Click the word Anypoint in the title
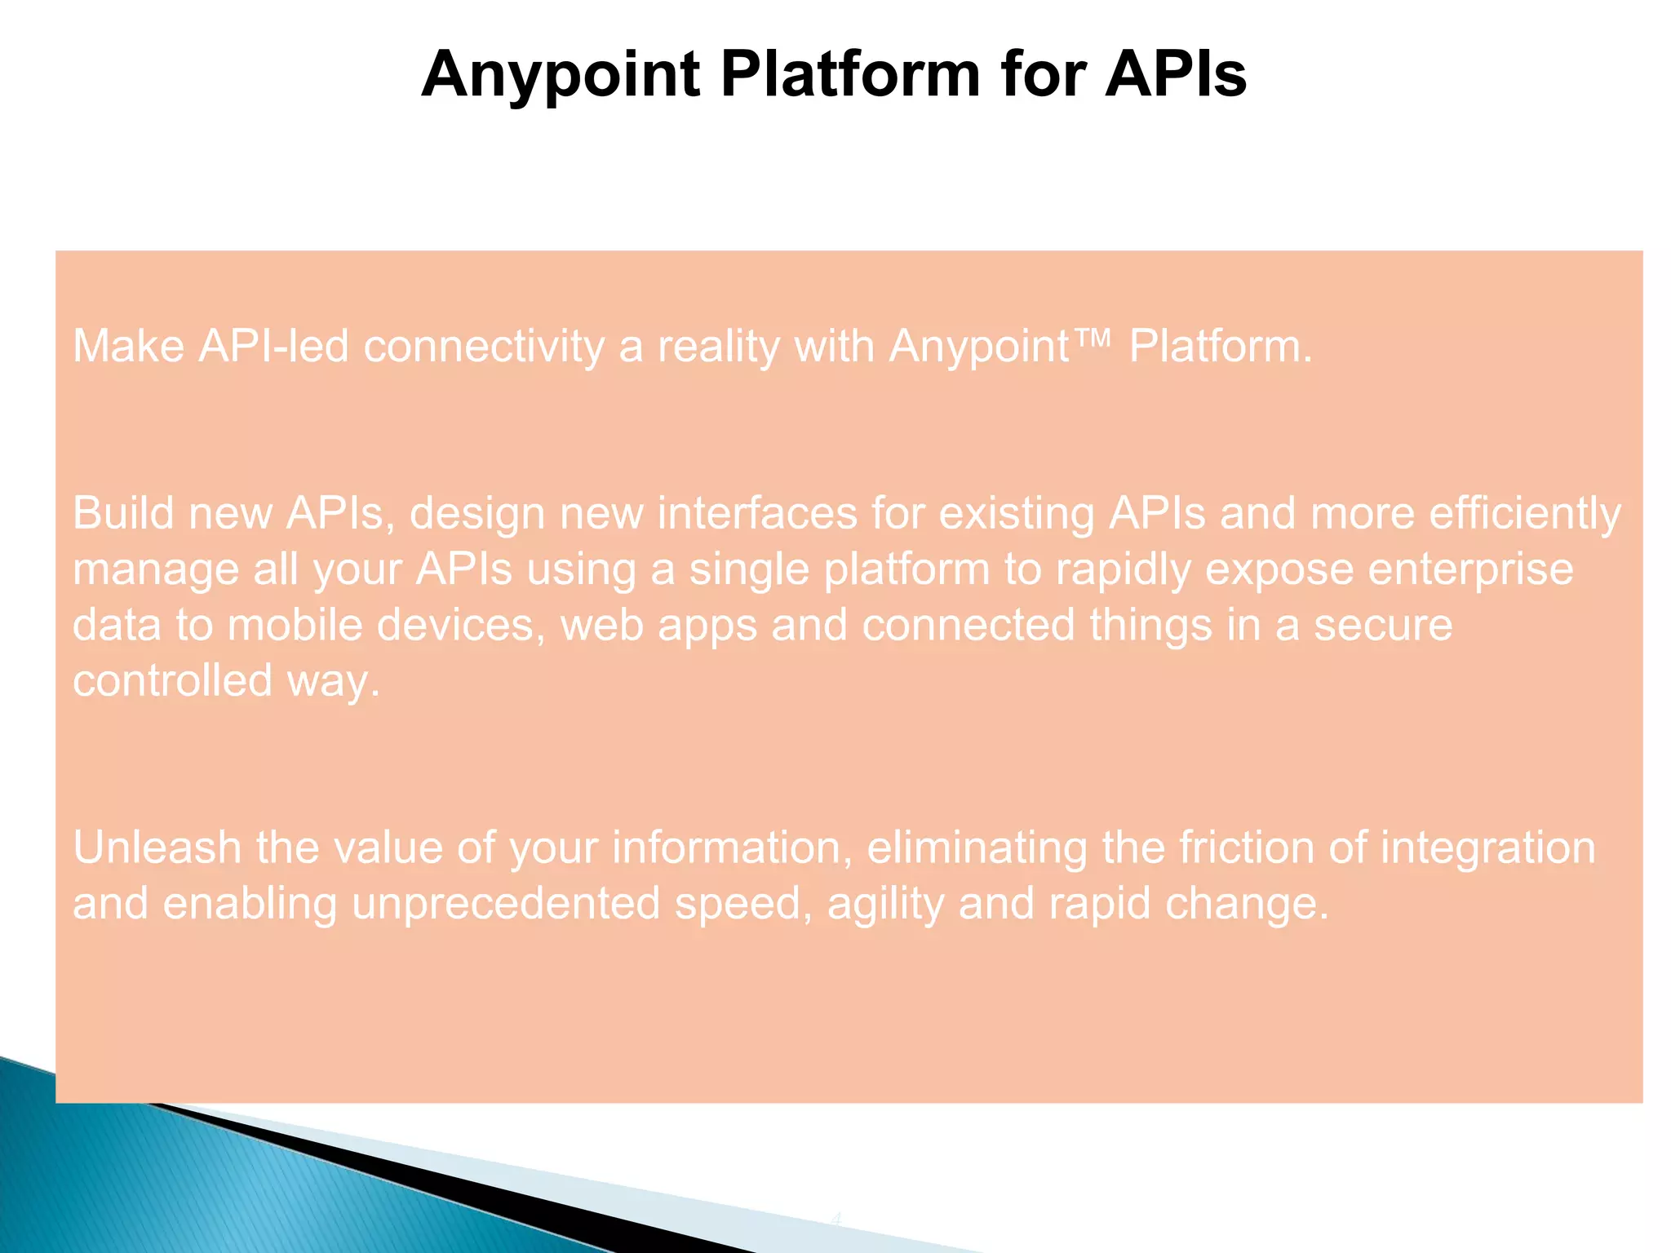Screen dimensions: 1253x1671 (x=561, y=75)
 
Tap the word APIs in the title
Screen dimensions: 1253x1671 (x=1176, y=75)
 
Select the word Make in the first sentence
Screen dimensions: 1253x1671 (x=129, y=346)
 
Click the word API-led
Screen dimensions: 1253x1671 (x=273, y=346)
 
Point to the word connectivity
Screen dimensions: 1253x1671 (x=484, y=346)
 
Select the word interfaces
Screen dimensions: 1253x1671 (x=757, y=514)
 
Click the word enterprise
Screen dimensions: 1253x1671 (x=1470, y=569)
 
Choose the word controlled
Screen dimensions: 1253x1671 (x=172, y=680)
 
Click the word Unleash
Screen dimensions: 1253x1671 (x=157, y=848)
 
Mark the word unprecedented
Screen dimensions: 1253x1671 (x=506, y=904)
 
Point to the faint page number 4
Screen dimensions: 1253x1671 (x=835, y=1220)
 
